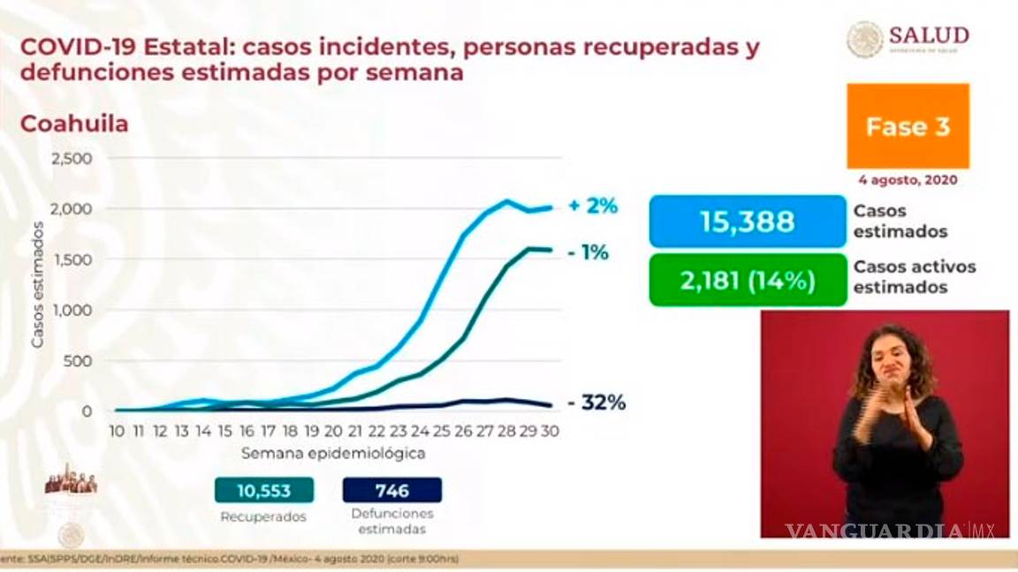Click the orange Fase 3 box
point(908,126)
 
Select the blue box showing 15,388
point(747,221)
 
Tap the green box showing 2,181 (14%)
point(747,281)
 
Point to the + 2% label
point(593,206)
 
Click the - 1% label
point(589,253)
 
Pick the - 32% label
point(597,403)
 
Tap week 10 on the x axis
point(117,431)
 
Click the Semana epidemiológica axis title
point(333,454)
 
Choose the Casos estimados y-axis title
point(38,283)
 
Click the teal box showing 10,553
point(264,490)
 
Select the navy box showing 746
point(391,490)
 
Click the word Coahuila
point(74,124)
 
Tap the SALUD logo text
point(928,35)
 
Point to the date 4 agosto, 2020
point(908,179)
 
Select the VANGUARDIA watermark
point(875,531)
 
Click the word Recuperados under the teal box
point(263,516)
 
